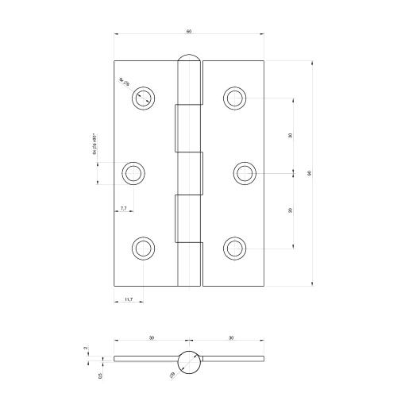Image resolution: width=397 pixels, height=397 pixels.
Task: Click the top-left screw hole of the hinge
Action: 143,97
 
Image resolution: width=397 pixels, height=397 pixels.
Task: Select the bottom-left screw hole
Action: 143,248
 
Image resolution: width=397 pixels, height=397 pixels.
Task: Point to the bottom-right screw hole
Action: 234,248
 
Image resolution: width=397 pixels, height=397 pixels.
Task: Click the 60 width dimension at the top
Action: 189,31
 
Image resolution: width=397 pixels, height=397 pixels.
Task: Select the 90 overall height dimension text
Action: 309,172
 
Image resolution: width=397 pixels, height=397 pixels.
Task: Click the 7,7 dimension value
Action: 124,208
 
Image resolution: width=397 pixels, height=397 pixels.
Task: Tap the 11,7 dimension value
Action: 128,299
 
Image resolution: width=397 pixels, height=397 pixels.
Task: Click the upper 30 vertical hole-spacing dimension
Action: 291,135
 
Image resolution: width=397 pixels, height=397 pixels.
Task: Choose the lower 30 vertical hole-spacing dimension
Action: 291,210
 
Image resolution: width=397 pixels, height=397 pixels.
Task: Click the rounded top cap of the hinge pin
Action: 189,60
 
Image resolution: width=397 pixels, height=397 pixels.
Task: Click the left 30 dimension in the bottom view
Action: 151,338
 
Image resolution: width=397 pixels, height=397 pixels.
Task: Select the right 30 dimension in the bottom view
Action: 230,338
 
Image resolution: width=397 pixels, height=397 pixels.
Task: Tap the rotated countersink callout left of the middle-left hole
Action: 94,147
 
